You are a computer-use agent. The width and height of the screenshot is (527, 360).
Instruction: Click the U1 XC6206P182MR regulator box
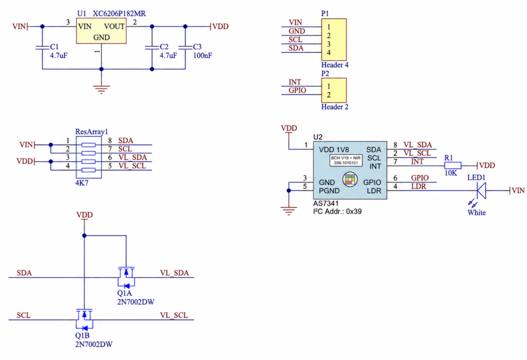tap(101, 31)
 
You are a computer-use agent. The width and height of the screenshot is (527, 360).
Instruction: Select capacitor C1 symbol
tap(42, 48)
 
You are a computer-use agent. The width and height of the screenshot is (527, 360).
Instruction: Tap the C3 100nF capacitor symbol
tap(185, 48)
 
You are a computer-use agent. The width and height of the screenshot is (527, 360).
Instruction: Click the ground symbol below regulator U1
tap(101, 89)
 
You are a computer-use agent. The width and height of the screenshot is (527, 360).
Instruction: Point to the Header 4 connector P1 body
tap(333, 40)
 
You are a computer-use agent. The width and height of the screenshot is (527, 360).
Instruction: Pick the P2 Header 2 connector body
tap(333, 91)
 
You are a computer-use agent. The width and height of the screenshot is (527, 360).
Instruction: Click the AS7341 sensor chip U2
tap(350, 170)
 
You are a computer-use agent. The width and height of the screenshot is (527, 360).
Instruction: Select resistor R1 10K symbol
tap(453, 165)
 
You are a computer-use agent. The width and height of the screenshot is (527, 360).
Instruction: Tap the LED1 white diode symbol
tap(481, 191)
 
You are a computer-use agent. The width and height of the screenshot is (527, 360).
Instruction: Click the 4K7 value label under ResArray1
tap(82, 183)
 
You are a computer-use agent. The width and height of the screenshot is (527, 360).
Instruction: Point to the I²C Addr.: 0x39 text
tap(337, 211)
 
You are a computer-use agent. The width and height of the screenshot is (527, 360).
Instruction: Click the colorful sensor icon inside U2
tap(350, 179)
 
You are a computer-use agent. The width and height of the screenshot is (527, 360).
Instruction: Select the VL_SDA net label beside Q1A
tap(174, 273)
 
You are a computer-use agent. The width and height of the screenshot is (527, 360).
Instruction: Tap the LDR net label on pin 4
tap(418, 186)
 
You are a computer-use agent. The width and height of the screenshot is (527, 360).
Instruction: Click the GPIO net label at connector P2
tap(297, 91)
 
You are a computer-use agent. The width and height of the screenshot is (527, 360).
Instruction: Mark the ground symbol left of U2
tap(289, 210)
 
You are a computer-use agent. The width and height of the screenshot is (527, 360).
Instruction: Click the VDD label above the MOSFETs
tap(84, 215)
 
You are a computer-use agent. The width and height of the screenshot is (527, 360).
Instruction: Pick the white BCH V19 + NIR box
tap(346, 160)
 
